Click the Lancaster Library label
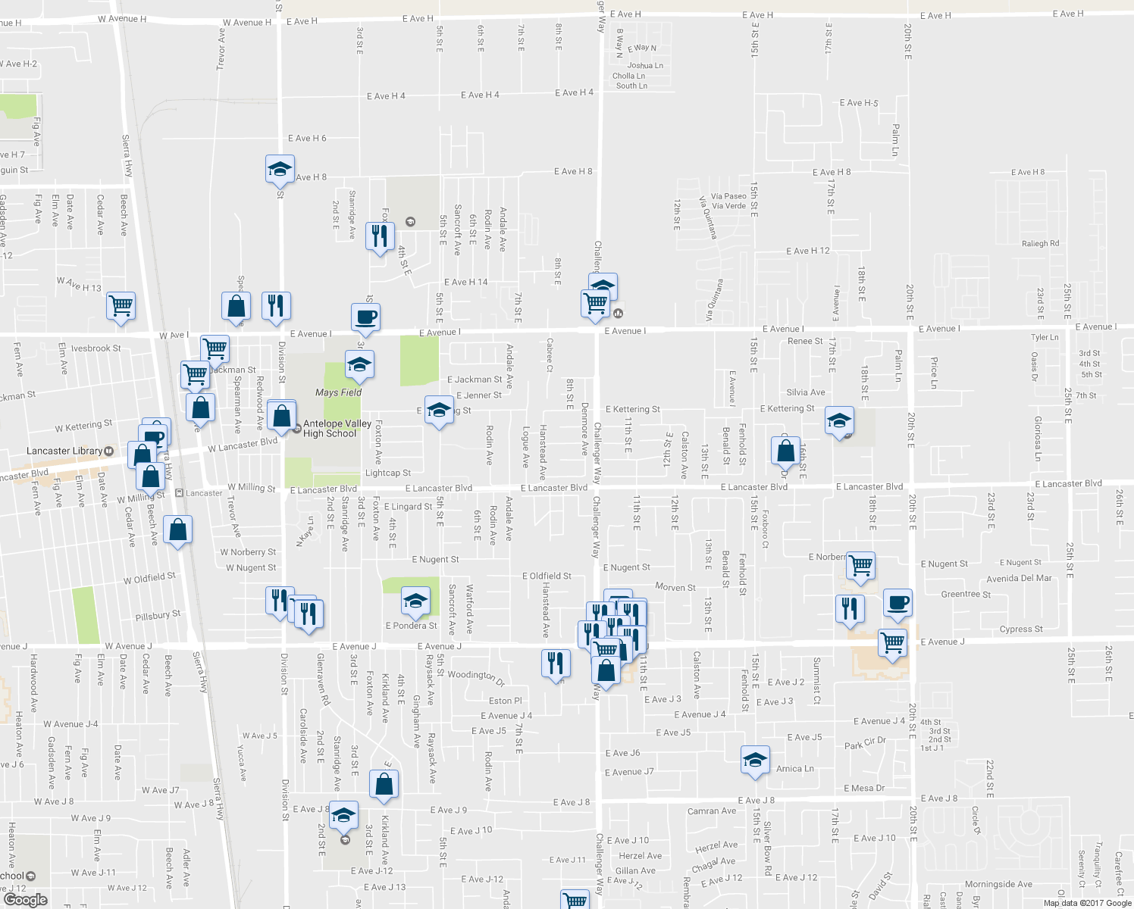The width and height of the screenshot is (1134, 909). tap(64, 451)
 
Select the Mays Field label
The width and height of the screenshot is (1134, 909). tap(338, 392)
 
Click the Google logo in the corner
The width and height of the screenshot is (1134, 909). tap(25, 900)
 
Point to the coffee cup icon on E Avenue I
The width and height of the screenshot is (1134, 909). tap(365, 317)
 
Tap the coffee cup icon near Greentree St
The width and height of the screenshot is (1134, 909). tap(897, 603)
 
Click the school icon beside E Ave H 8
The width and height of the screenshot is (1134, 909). tap(280, 169)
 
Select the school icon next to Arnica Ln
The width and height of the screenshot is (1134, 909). tap(754, 760)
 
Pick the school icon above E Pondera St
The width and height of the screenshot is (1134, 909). tap(415, 601)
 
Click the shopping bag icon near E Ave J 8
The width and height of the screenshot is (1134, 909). tap(384, 784)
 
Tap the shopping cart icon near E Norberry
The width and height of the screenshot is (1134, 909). tap(860, 565)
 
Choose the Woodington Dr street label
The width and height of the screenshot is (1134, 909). tap(476, 675)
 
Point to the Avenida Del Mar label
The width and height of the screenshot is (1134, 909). tap(1019, 578)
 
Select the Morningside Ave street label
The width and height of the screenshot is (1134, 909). tap(998, 884)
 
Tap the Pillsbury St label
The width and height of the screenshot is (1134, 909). tap(158, 616)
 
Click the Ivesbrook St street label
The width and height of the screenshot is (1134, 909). tap(96, 348)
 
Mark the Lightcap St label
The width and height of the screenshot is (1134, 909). tap(388, 473)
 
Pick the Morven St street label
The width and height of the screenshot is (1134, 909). tap(675, 587)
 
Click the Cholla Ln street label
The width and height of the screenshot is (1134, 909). tap(628, 76)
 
